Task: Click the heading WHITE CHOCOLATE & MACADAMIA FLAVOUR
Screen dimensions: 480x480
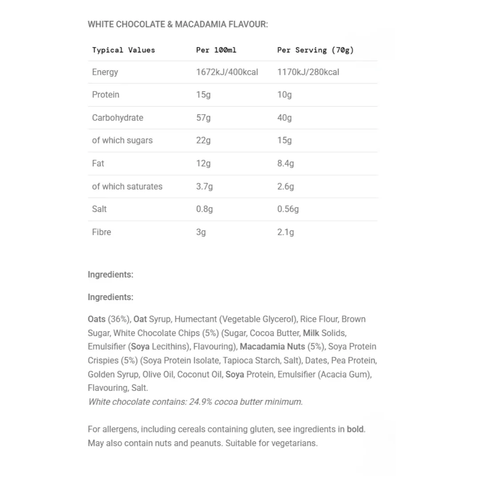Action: [178, 24]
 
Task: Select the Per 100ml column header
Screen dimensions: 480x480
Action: [216, 50]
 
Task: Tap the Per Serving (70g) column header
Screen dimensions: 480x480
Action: [315, 50]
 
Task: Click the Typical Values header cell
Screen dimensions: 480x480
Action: [124, 50]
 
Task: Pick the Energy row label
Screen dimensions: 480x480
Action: [105, 72]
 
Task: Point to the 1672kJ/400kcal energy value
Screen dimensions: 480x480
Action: [227, 72]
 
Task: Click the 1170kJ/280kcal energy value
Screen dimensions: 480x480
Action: [308, 72]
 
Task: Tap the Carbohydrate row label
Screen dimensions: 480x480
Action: [117, 118]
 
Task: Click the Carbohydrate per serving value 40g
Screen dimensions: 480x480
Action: [284, 118]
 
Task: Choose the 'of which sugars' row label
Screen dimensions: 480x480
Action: [122, 140]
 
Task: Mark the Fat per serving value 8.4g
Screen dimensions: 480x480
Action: [285, 164]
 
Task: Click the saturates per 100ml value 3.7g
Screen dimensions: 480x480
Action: [204, 187]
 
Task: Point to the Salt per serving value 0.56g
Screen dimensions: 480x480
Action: [288, 209]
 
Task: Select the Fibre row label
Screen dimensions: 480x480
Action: [101, 232]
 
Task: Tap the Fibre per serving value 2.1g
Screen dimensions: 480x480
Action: [285, 232]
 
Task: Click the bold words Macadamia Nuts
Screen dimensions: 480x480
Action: [272, 347]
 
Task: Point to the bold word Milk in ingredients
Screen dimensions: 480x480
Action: [311, 333]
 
